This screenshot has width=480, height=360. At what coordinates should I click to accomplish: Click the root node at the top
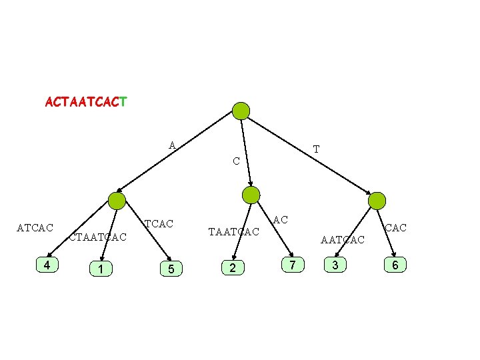click(241, 111)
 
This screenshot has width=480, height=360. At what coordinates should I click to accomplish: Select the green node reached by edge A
click(117, 201)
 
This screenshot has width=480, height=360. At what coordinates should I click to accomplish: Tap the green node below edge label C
click(251, 195)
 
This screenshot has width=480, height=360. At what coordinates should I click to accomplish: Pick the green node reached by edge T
click(377, 200)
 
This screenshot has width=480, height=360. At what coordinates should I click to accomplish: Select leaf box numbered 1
click(100, 269)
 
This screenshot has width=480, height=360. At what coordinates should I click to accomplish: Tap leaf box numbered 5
click(171, 269)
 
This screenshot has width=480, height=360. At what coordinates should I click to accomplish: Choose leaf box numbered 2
click(232, 268)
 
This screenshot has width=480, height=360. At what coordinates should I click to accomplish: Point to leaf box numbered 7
click(292, 265)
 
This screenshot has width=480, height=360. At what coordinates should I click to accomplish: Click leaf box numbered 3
click(335, 265)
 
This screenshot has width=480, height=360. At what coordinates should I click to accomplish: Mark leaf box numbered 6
click(395, 265)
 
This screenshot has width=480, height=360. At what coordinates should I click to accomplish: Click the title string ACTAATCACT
click(87, 103)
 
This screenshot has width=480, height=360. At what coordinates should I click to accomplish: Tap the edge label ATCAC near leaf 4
click(35, 229)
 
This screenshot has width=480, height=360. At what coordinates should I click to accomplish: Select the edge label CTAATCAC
click(98, 237)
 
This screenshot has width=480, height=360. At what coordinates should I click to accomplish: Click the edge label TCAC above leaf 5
click(159, 224)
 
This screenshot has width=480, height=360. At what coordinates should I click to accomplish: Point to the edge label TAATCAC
click(233, 232)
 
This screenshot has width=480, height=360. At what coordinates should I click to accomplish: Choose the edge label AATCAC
click(343, 239)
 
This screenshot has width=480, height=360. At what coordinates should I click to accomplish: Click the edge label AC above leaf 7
click(281, 219)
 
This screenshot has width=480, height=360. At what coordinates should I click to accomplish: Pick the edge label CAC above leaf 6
click(395, 228)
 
